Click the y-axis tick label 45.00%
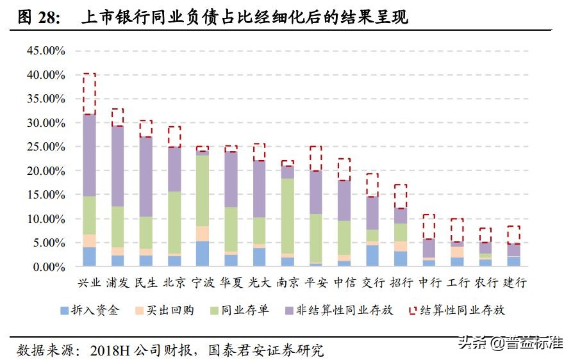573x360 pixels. (46, 51)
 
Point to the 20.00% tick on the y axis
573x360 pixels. (46, 170)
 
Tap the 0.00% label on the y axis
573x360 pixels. (48, 266)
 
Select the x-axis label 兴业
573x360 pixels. (89, 282)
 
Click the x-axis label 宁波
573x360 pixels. (202, 282)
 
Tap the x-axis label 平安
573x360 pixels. (315, 282)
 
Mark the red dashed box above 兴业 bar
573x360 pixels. (89, 94)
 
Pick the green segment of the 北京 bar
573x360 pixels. (174, 222)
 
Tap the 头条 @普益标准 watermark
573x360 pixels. (510, 343)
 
